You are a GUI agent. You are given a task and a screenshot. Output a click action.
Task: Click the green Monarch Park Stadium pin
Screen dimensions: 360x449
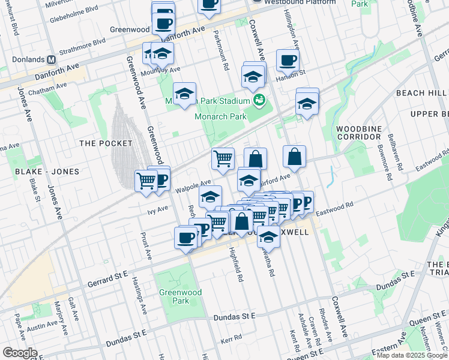coord(259,100)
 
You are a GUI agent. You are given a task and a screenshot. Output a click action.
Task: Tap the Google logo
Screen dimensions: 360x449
coord(20,353)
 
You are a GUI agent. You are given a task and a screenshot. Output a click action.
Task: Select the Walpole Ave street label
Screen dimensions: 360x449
coord(193,186)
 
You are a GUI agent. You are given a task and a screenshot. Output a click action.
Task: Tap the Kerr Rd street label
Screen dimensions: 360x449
coord(231,340)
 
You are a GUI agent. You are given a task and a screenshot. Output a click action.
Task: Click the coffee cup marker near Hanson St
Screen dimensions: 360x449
coord(288,60)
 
